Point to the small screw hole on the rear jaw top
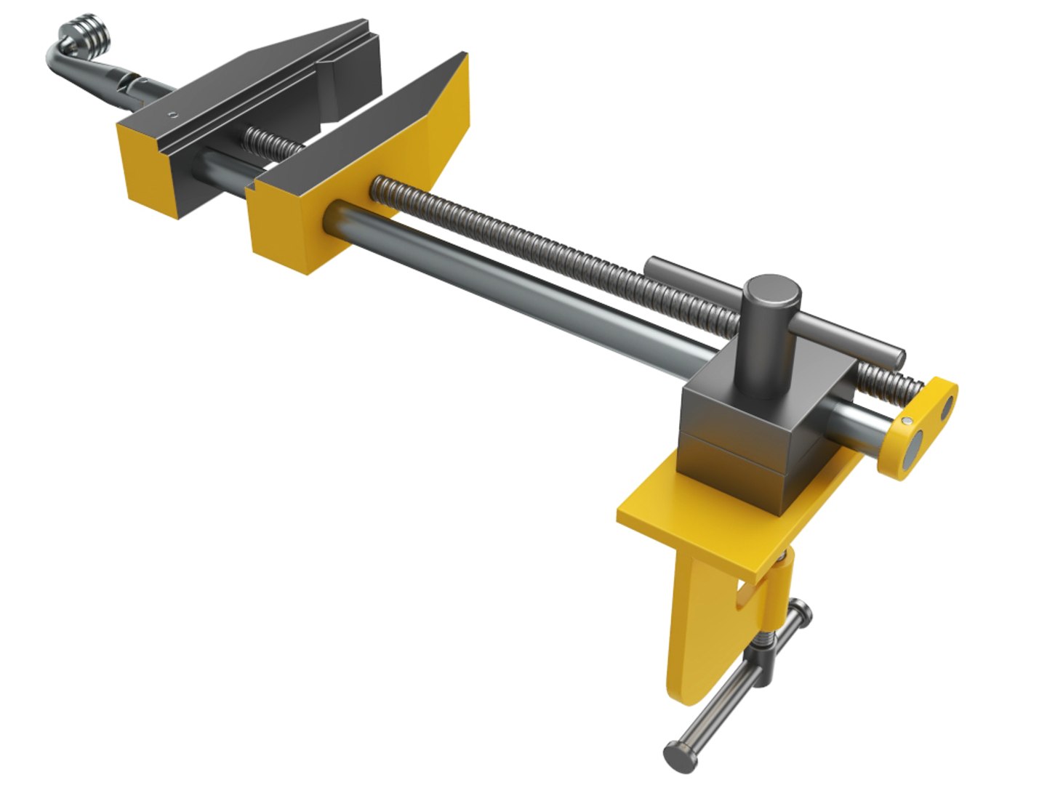point(172,113)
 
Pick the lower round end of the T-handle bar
point(681,754)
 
